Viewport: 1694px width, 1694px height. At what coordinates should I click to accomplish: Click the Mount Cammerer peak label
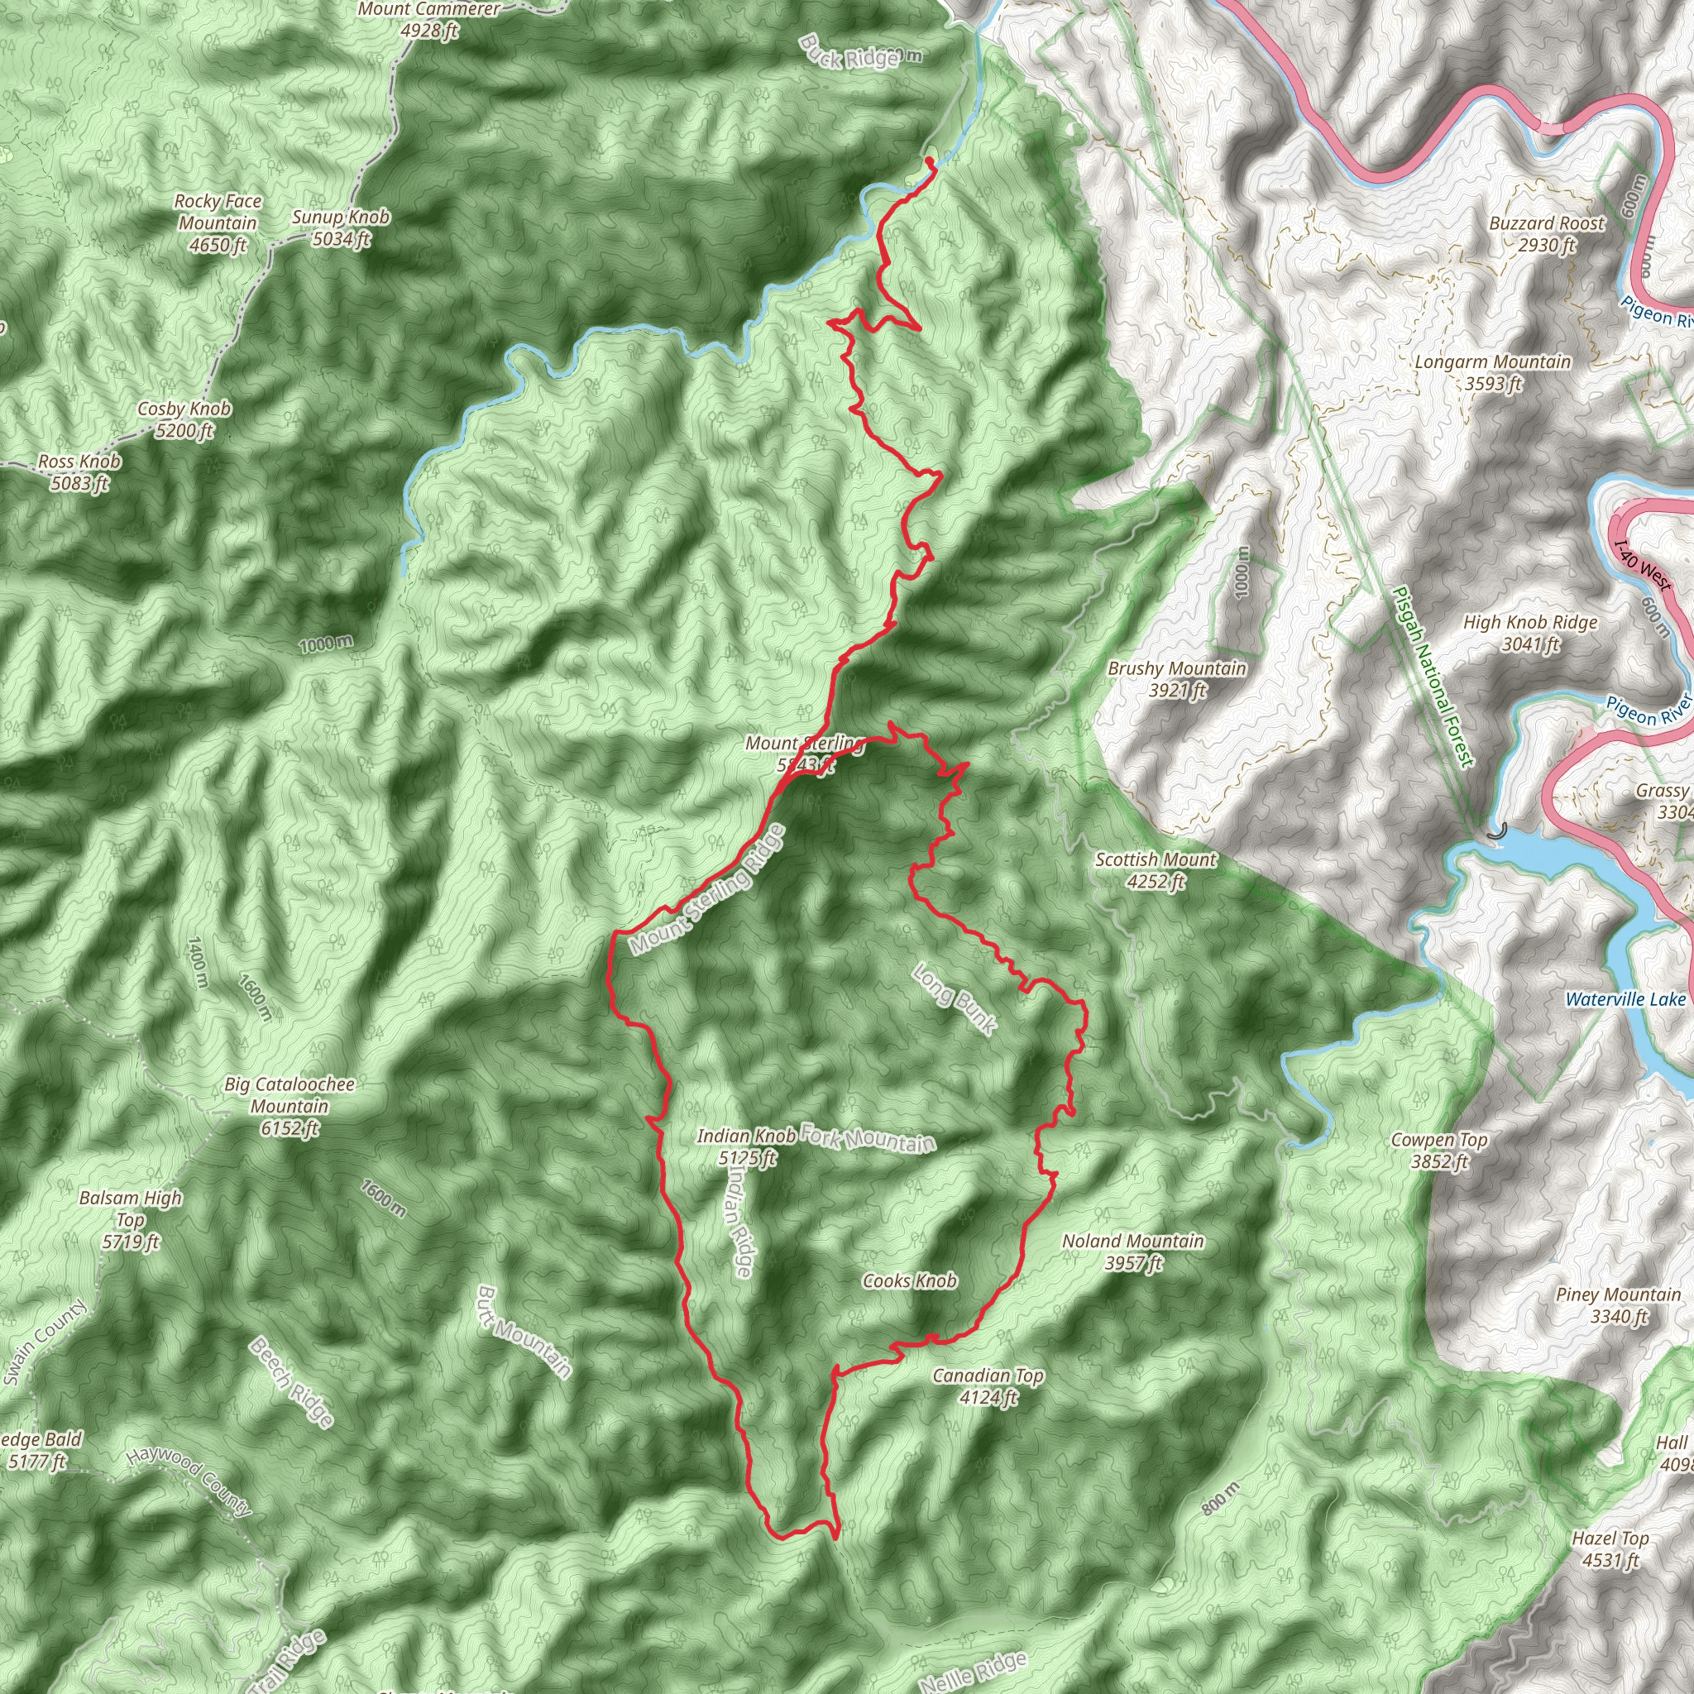429,19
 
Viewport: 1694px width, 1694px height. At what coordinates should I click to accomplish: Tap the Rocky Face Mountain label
218,223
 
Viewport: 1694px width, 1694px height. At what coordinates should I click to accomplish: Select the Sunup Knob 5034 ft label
341,227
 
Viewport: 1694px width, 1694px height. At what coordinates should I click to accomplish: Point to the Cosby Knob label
184,419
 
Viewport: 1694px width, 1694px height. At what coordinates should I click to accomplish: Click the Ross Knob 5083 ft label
79,471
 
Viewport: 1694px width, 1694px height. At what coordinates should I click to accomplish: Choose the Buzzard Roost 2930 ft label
1547,233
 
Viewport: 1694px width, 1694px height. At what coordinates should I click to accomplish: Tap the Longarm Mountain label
1492,371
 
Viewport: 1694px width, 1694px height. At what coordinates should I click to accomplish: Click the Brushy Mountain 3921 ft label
1177,678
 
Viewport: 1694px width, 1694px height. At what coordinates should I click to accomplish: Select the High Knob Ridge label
1530,632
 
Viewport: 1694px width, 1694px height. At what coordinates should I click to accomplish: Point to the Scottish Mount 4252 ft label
1156,870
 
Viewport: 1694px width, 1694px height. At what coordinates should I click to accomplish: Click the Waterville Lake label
1625,999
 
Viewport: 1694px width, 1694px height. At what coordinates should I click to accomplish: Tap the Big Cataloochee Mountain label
290,1106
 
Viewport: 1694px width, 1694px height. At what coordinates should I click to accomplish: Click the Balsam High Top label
131,1218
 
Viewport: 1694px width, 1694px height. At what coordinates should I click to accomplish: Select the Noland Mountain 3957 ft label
1133,1251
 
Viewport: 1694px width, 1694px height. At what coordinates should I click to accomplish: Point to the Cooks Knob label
909,1281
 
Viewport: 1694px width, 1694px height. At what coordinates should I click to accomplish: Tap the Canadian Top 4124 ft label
988,1385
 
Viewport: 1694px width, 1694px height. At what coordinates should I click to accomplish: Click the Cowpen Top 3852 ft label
1440,1151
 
